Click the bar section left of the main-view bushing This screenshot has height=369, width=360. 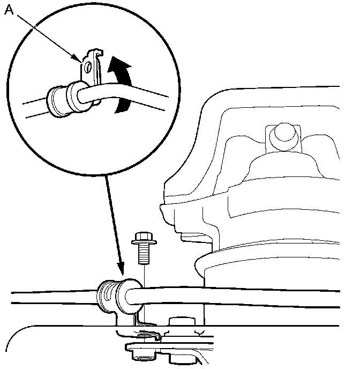click(x=48, y=298)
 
